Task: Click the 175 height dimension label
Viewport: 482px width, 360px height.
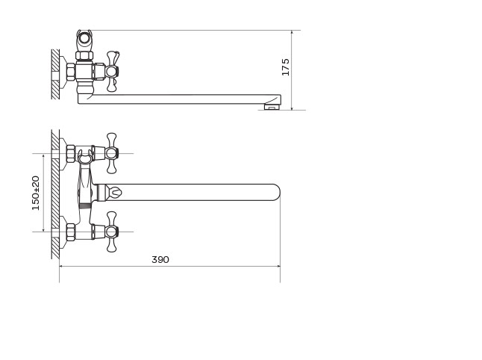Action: coord(286,66)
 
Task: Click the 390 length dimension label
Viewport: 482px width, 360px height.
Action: coord(160,260)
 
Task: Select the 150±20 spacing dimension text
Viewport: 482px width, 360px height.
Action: coord(36,193)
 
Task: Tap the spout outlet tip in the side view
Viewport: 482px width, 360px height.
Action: coord(272,107)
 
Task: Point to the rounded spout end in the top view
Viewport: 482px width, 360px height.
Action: coord(275,193)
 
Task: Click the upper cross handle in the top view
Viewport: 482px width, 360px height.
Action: coord(112,153)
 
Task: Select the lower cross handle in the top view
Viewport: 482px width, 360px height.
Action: coord(112,232)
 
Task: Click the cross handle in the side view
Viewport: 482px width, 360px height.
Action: coord(113,72)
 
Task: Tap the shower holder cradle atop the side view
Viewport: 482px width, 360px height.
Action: coord(84,37)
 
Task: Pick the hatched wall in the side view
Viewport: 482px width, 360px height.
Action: coord(55,74)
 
